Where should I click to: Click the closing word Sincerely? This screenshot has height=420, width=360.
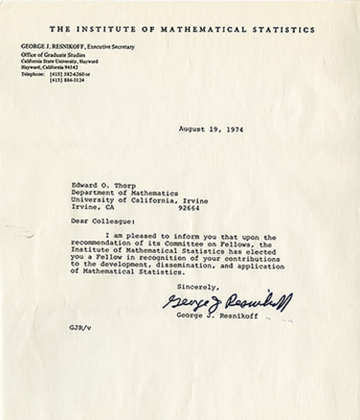[x=199, y=286]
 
